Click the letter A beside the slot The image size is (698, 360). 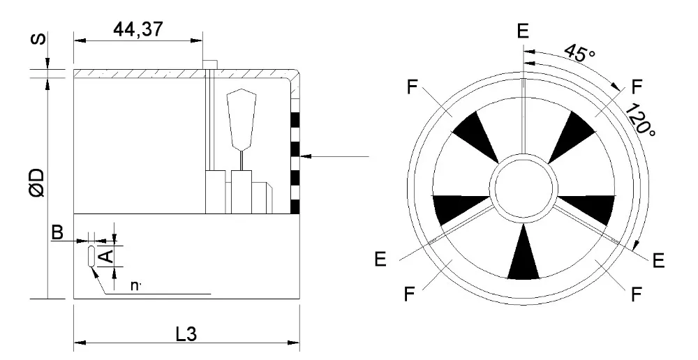[x=105, y=256]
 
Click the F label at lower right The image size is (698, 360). [x=636, y=294]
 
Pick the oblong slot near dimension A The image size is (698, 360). [x=91, y=255]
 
